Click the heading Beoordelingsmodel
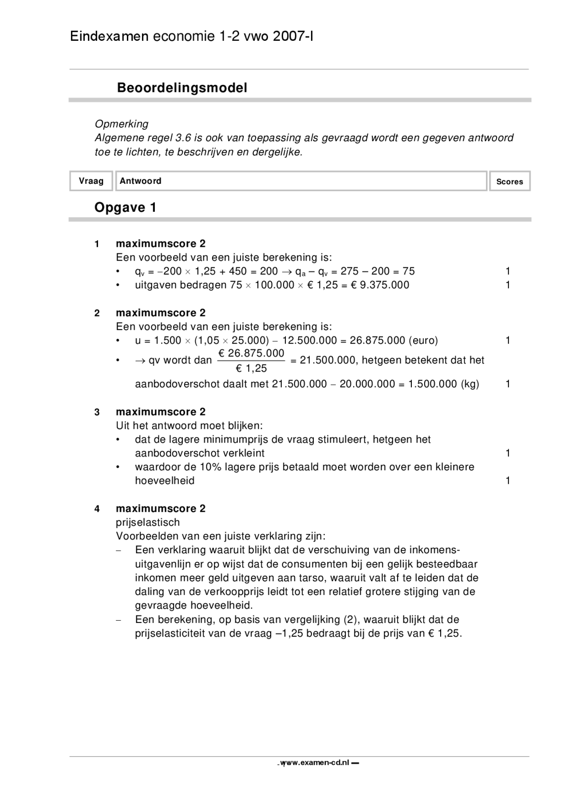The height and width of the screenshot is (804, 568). (x=182, y=88)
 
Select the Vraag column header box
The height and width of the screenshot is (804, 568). (x=91, y=181)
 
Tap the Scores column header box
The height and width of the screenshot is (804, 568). (x=509, y=182)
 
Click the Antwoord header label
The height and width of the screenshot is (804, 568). (x=140, y=181)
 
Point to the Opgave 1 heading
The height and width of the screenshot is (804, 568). (x=125, y=208)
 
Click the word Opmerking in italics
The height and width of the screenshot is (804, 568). (x=122, y=124)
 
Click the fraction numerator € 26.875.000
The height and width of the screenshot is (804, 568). (x=251, y=353)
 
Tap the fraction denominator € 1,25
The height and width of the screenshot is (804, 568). (x=251, y=368)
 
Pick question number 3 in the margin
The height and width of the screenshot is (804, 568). (x=97, y=412)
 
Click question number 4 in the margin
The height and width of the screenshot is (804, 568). (x=97, y=509)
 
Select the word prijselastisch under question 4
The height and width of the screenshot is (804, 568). (x=148, y=523)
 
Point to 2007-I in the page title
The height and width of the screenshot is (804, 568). (x=293, y=36)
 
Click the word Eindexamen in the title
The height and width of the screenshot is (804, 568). (x=109, y=36)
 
